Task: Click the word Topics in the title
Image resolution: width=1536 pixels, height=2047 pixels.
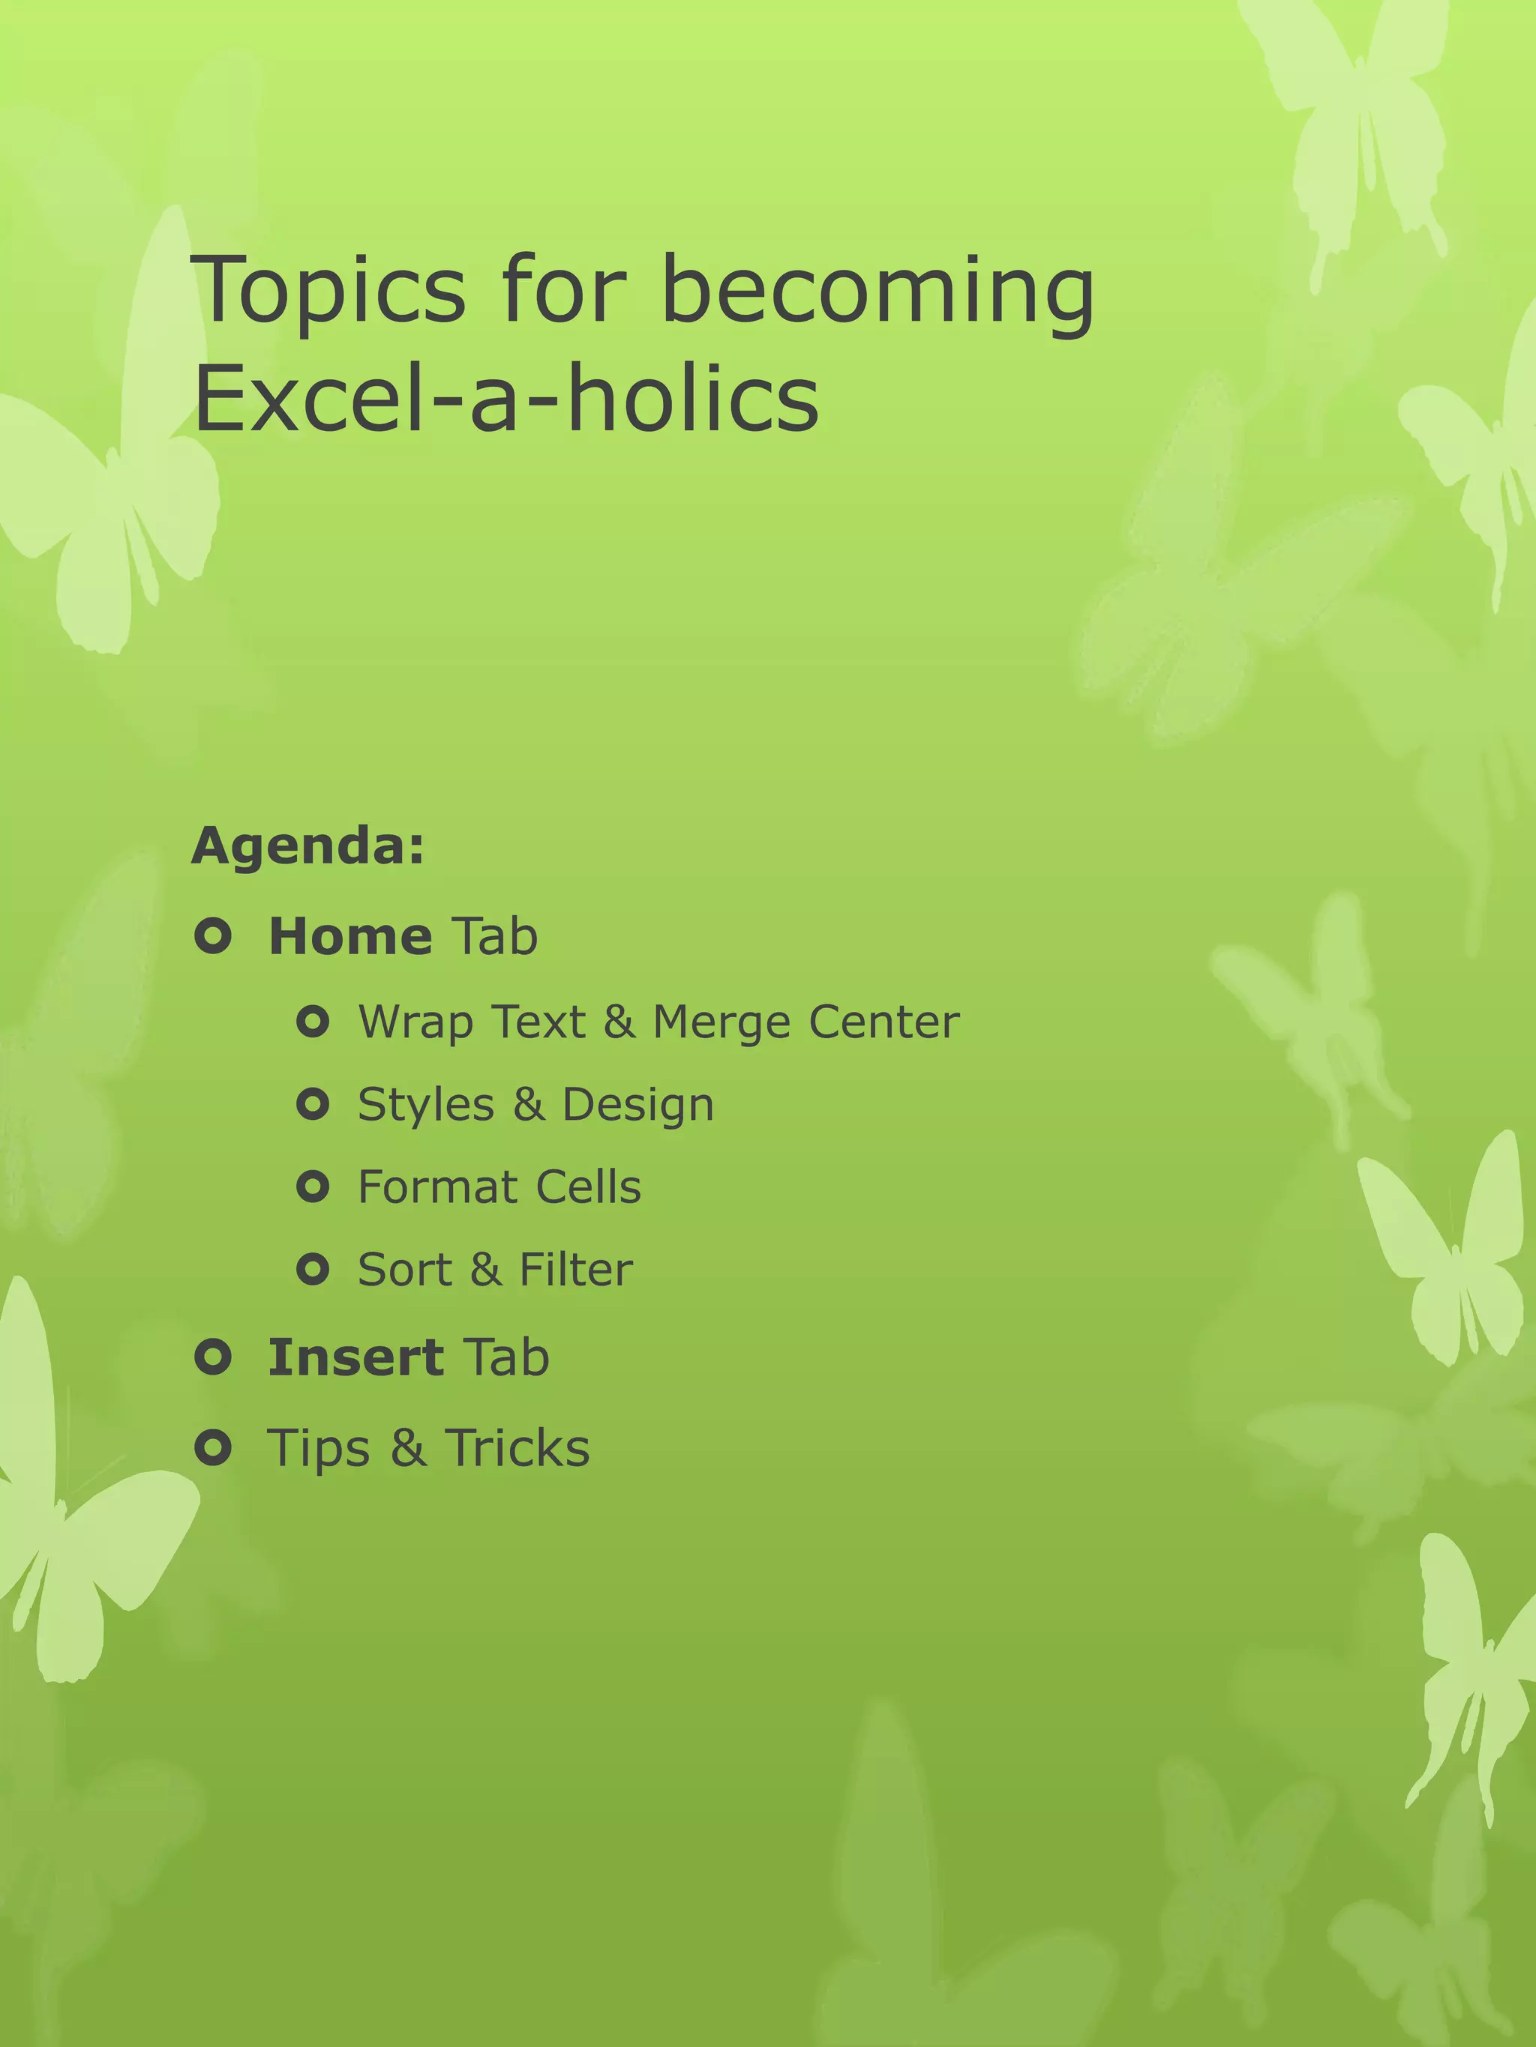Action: click(328, 292)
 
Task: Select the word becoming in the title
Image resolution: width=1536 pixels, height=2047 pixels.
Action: click(877, 292)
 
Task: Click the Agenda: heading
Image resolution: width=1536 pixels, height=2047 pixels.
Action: click(308, 845)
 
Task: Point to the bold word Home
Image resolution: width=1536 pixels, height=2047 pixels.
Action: click(350, 936)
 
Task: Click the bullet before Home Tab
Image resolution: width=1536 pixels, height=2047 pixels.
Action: click(213, 936)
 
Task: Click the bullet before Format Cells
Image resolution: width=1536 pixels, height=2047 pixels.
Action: click(313, 1187)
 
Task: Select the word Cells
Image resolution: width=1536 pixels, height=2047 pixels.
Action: click(588, 1187)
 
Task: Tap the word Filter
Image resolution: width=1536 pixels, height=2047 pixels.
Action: click(576, 1270)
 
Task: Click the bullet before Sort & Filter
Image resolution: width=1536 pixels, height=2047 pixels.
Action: click(313, 1269)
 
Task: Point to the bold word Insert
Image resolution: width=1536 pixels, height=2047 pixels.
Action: click(355, 1357)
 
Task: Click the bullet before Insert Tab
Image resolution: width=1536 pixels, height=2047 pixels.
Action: click(213, 1357)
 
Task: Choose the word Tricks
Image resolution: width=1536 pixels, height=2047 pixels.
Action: click(517, 1448)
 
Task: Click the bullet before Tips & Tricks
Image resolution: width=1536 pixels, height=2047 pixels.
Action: click(213, 1447)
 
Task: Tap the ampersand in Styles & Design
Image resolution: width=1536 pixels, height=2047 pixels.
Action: click(529, 1105)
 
